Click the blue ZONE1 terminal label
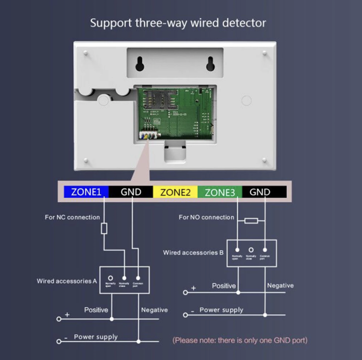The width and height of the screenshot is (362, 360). coord(86,192)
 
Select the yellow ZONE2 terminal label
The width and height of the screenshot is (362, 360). coord(175,192)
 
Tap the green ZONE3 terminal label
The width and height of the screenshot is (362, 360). coord(220,192)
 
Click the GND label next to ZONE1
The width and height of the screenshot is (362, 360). coord(131,192)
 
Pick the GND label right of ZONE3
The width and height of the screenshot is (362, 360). coord(260,192)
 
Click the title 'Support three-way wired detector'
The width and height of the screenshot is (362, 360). coord(177,23)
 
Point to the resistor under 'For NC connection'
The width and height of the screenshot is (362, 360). coord(104,229)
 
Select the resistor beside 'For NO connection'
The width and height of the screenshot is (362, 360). coord(251,220)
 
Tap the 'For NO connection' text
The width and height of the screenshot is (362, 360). coord(206,217)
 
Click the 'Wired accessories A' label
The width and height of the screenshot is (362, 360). coord(66,281)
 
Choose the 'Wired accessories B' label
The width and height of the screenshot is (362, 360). coord(193,253)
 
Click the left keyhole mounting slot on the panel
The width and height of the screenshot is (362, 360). coord(141,63)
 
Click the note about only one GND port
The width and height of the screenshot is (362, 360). coord(240,340)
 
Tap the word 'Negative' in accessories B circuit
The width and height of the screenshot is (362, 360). coord(280,286)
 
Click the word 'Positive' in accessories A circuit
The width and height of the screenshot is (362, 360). coord(96,310)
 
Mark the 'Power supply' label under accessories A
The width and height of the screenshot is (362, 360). coord(96,337)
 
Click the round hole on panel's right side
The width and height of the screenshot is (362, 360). coord(246,100)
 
